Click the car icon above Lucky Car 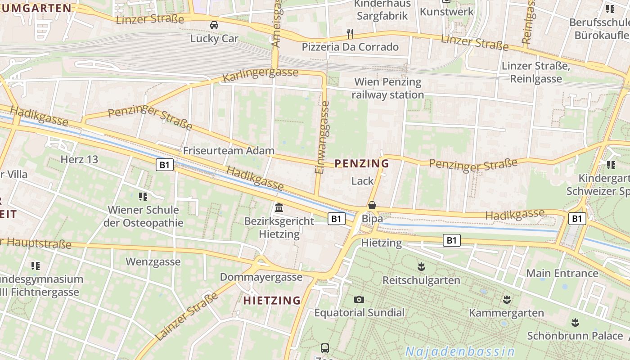point(214,25)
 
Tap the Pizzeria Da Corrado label point(350,47)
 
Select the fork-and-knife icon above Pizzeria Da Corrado point(350,33)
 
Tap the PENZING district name point(362,163)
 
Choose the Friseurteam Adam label point(229,151)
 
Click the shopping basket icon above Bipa point(372,205)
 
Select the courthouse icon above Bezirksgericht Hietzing point(279,208)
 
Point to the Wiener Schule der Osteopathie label point(144,216)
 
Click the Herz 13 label point(79,159)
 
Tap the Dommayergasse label point(261,277)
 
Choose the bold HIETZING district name point(272,301)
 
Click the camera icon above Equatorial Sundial point(359,299)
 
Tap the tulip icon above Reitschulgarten point(421,267)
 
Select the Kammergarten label point(506,313)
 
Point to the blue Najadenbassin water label point(460,351)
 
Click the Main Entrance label point(562,273)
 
